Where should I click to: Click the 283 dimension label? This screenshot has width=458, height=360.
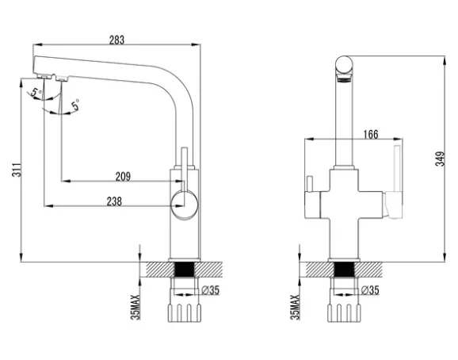click(116, 40)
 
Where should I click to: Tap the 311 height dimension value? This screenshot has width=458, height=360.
click(17, 170)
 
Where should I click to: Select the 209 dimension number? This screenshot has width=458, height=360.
click(123, 177)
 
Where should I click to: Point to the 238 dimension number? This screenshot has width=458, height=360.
click(114, 201)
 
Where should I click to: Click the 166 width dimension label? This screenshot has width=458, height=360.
click(371, 135)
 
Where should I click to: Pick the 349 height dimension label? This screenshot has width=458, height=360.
click(441, 159)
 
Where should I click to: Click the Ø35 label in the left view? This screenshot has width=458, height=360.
click(211, 290)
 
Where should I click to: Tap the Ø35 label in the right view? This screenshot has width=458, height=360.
click(370, 290)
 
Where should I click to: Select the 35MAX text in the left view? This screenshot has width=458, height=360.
click(135, 307)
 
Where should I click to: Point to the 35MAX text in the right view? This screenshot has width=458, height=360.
click(295, 307)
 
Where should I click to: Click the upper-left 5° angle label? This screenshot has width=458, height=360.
click(36, 92)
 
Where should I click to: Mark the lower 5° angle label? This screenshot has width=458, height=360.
click(75, 105)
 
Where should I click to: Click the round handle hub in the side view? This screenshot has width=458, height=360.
click(185, 205)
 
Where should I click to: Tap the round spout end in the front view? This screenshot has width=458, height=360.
click(344, 65)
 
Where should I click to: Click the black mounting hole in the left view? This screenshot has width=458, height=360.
click(185, 270)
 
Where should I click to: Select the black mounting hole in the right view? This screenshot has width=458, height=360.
click(344, 270)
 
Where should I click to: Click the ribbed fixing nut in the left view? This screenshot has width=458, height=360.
click(185, 313)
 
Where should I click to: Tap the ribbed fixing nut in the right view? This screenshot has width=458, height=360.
click(344, 313)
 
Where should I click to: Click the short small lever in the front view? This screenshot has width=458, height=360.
click(309, 184)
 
